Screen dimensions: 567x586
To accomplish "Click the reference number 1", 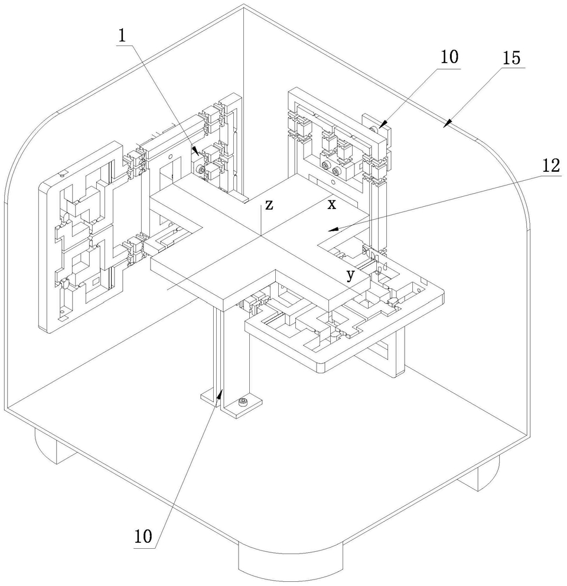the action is (122, 35).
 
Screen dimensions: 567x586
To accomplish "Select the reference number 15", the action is (511, 58).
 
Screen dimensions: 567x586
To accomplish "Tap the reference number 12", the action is (551, 165).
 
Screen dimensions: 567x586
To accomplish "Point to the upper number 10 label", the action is (449, 57).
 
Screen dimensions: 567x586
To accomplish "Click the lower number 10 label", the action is (144, 536).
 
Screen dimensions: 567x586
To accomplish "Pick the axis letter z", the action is (269, 204).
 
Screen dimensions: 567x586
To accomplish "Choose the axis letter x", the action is (331, 204).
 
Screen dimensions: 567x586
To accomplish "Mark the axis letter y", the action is (351, 275).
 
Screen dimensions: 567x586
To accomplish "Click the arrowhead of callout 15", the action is (447, 124).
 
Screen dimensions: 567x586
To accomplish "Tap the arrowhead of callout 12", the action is (333, 229).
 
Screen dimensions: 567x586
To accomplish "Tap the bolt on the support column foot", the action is (243, 402).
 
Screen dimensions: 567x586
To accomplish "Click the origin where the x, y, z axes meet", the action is (260, 236).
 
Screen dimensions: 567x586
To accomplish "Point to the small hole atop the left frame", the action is (63, 174).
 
